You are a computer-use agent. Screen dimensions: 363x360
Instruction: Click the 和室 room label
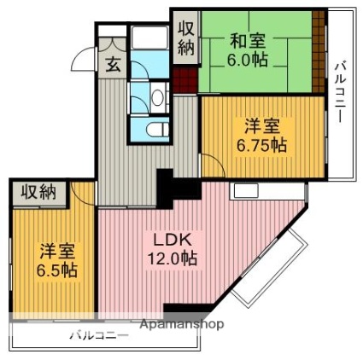click(x=248, y=41)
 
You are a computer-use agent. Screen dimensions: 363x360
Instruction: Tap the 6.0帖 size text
click(x=247, y=60)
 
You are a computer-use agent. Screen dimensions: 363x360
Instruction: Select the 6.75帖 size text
click(x=261, y=146)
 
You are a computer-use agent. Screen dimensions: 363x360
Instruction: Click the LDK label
click(x=172, y=241)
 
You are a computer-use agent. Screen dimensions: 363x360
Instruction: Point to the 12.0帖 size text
click(x=172, y=258)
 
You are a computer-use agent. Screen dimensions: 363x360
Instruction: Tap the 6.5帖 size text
click(x=57, y=270)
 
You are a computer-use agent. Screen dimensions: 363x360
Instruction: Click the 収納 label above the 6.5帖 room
click(x=39, y=193)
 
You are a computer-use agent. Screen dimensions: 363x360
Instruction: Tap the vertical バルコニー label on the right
click(x=340, y=92)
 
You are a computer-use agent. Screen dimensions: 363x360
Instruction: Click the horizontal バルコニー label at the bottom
click(x=99, y=335)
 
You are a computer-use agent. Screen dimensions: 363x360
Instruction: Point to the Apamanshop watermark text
click(x=182, y=324)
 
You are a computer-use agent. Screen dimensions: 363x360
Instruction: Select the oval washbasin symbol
click(x=156, y=98)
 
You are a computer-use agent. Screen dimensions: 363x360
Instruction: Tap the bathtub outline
click(x=150, y=38)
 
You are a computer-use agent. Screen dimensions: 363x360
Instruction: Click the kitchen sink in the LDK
click(x=246, y=190)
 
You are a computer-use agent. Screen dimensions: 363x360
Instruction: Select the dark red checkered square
click(x=184, y=80)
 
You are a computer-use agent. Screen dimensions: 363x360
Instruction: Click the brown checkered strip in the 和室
click(x=319, y=51)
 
